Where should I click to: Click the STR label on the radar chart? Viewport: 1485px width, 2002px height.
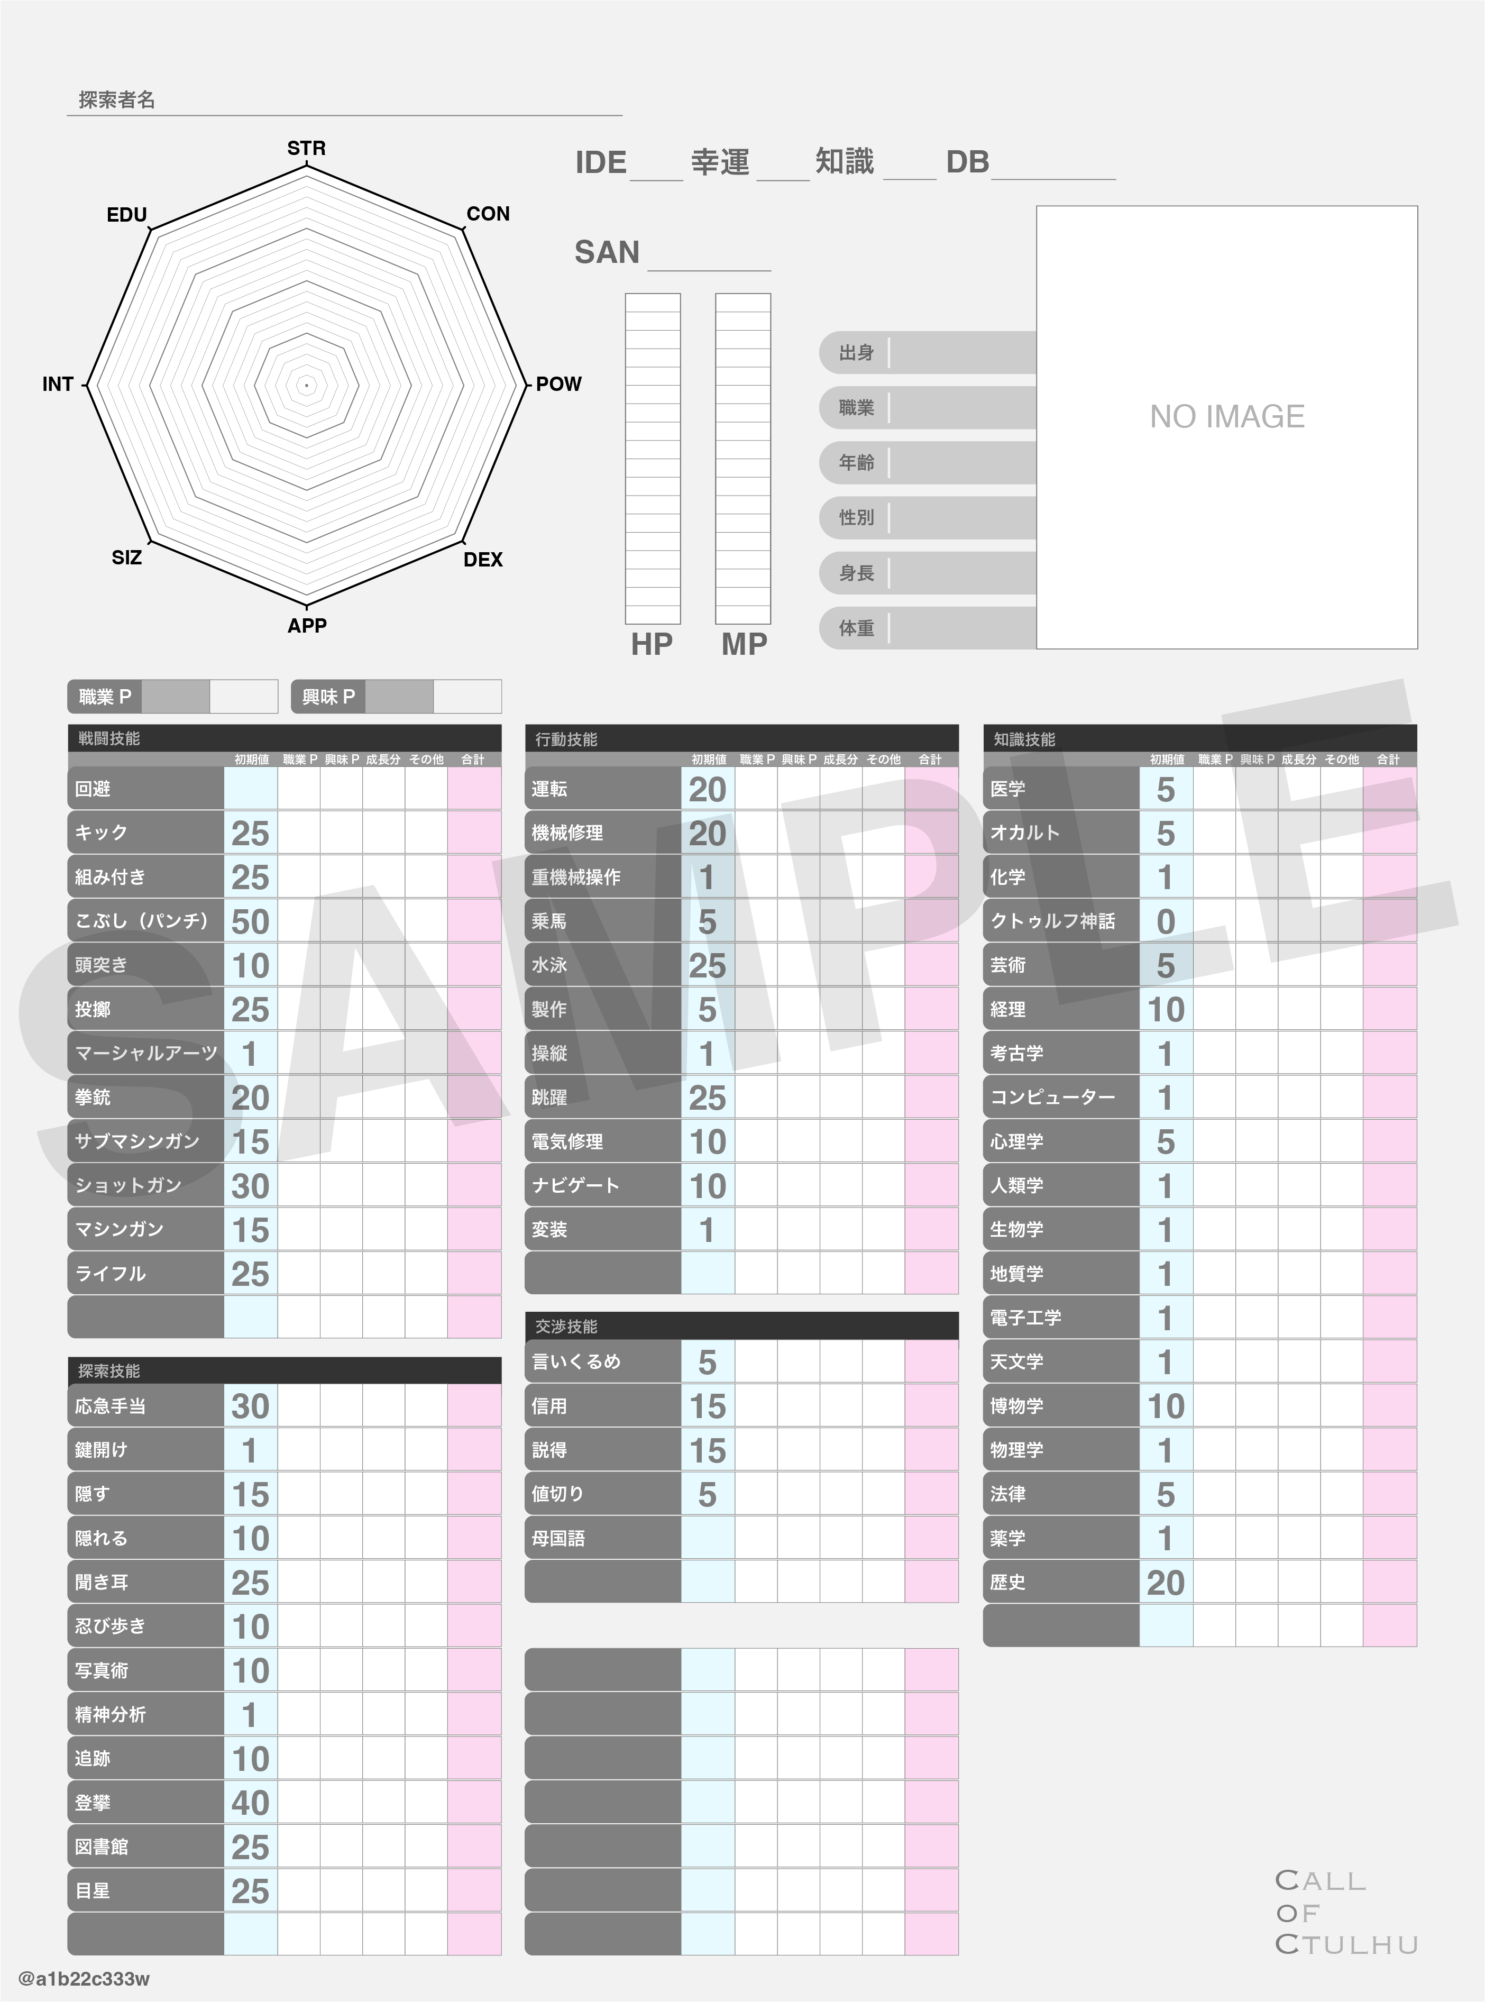click(307, 148)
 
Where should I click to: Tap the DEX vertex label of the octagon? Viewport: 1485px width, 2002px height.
click(483, 559)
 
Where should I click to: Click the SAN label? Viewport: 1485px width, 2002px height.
click(607, 253)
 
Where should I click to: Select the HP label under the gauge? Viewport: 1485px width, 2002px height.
click(652, 644)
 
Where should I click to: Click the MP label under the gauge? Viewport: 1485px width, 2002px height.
click(744, 644)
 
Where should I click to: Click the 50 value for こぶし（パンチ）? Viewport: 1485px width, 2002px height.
click(250, 921)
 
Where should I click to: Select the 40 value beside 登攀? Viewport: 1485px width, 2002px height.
click(250, 1803)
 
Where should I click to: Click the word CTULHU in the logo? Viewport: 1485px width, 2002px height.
click(1346, 1945)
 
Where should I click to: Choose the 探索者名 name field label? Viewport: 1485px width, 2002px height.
click(117, 100)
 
